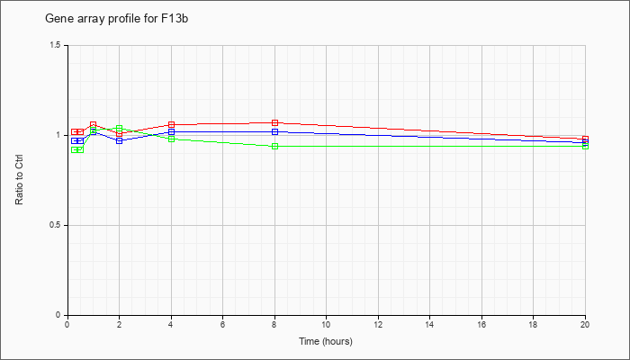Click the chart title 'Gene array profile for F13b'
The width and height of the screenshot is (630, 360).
116,19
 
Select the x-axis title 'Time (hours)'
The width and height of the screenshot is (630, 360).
326,341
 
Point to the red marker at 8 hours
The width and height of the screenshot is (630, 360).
274,122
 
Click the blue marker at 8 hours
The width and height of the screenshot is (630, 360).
274,131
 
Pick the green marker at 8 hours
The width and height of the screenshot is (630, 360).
274,146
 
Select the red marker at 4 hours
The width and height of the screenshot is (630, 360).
172,124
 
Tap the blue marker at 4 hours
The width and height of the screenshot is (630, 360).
172,131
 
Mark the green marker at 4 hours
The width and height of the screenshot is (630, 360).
172,139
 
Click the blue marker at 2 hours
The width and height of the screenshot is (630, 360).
120,140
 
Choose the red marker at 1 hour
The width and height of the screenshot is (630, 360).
94,124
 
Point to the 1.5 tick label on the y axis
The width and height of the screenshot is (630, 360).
55,45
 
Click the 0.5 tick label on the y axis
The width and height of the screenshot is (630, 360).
55,225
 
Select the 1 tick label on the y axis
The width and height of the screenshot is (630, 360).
58,135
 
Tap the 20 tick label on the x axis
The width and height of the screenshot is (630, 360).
585,323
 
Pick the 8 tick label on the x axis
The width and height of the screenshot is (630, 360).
274,323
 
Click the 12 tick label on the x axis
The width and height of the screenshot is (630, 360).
378,323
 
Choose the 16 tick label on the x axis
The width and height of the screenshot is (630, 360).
481,323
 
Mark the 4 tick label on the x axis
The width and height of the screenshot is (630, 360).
172,323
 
